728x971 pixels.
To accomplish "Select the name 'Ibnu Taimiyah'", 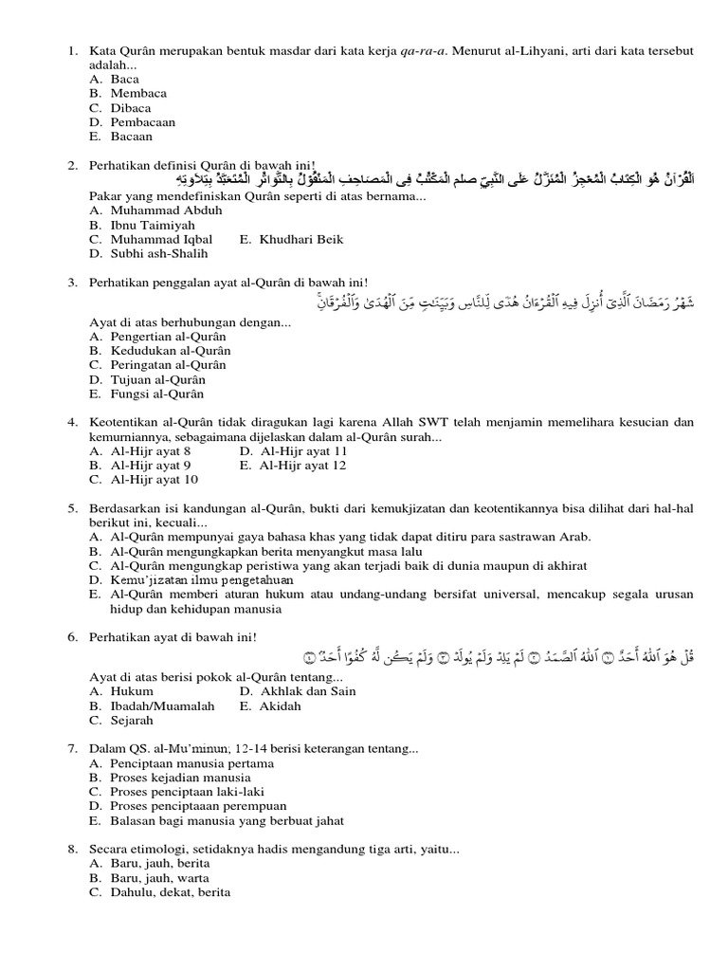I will [x=152, y=225].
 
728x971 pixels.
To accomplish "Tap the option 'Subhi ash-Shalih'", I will [x=158, y=253].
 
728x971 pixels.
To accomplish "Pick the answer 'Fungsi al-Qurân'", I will [x=156, y=394].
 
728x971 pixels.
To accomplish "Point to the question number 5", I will [x=72, y=508].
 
